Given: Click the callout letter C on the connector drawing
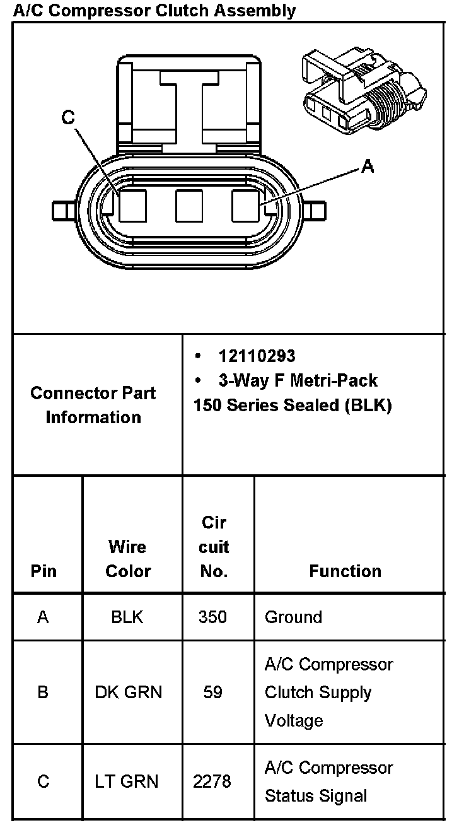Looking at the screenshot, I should (68, 118).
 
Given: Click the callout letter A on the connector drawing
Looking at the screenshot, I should (367, 166).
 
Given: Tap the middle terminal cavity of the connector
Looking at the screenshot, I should (189, 206).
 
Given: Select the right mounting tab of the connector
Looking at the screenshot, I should (315, 209).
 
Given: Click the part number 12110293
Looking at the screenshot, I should (257, 356).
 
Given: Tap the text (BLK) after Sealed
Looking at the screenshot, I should (368, 405).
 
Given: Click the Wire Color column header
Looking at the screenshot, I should (128, 559).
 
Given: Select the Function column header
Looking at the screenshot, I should (345, 571).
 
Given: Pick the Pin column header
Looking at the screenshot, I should (43, 571).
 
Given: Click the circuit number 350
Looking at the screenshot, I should (212, 617).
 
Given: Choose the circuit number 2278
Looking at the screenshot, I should (212, 781).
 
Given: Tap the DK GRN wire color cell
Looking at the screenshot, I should (128, 693).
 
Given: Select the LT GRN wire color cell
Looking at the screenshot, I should (128, 781).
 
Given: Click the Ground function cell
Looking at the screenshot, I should (293, 617).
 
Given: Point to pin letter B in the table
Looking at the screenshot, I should (43, 693).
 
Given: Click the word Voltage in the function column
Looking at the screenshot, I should (294, 720).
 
